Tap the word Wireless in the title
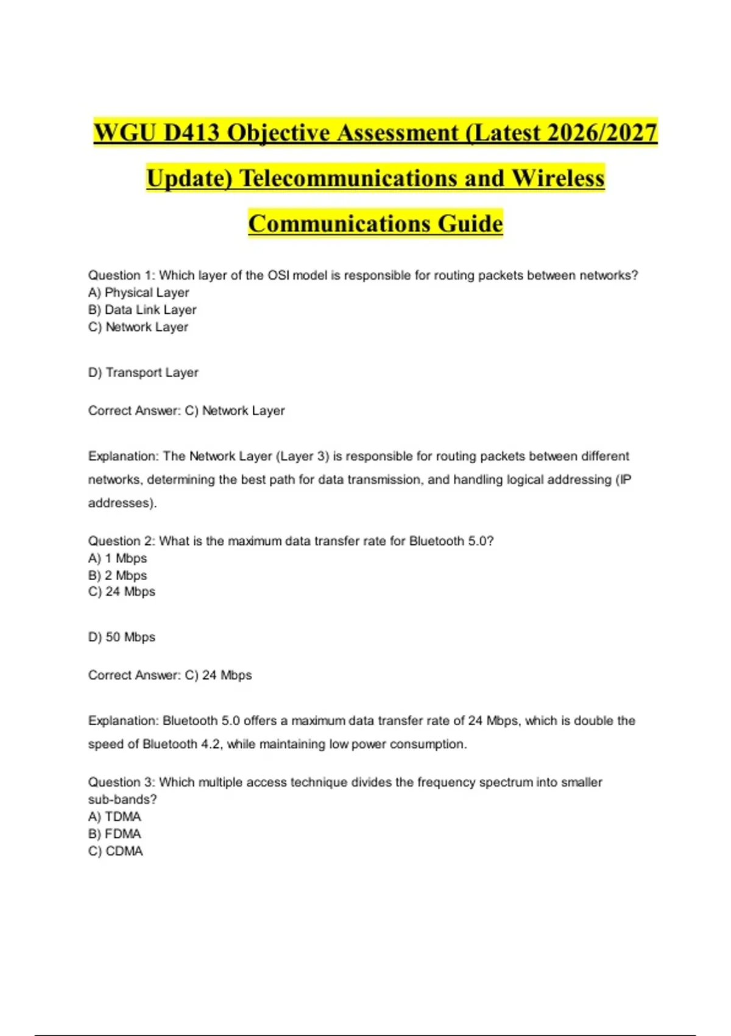click(558, 178)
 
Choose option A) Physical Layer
click(139, 293)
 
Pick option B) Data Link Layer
click(143, 310)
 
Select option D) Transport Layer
click(144, 372)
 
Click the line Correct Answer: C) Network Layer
click(186, 411)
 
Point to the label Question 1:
click(122, 275)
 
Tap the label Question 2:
click(122, 541)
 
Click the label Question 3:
click(122, 782)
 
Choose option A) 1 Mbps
click(118, 558)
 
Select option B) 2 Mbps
click(118, 575)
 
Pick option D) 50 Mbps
click(122, 637)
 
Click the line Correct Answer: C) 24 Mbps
click(170, 675)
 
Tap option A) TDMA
click(115, 817)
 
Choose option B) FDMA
click(115, 834)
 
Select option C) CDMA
click(116, 851)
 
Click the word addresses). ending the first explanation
click(122, 503)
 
